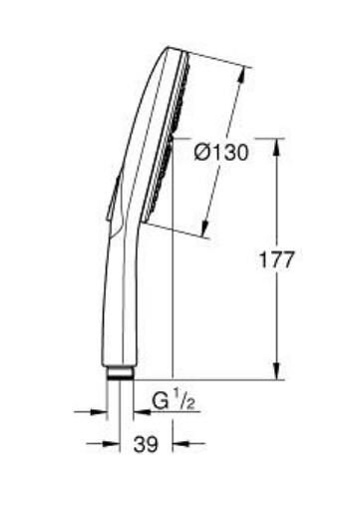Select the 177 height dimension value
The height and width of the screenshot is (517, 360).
click(276, 259)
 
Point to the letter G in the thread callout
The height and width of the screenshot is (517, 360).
click(160, 401)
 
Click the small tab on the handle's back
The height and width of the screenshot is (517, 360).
click(111, 196)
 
